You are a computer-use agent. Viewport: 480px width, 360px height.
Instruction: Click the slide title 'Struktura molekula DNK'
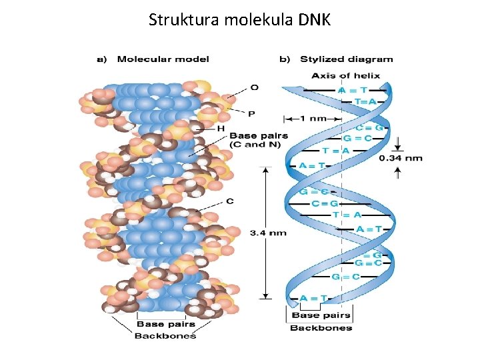(x=239, y=19)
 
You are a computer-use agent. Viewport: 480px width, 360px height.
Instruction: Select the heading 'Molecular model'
(x=163, y=59)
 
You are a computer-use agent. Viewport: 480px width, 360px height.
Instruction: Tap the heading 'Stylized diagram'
(x=346, y=59)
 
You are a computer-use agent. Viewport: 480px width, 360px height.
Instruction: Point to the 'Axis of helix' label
(x=345, y=75)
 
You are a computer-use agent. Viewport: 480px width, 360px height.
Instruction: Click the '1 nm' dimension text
(x=313, y=119)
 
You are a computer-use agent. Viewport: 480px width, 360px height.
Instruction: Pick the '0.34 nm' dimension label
(x=400, y=158)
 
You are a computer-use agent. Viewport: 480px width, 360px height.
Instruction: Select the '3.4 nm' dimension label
(x=268, y=233)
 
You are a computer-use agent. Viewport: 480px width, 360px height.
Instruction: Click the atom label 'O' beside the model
(x=254, y=87)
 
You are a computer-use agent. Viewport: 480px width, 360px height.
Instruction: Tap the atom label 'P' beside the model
(x=251, y=114)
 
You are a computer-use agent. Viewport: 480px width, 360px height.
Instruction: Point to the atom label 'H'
(x=221, y=127)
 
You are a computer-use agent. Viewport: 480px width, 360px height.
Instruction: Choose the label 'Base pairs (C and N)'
(x=259, y=140)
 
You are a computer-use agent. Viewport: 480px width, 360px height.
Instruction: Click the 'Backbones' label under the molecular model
(x=165, y=335)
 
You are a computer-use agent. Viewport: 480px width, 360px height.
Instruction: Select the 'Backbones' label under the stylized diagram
(x=321, y=327)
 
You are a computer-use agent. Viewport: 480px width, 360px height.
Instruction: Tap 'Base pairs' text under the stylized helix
(x=321, y=315)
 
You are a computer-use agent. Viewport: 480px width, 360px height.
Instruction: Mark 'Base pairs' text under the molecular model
(x=165, y=325)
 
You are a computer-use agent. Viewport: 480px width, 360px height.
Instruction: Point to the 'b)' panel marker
(x=285, y=59)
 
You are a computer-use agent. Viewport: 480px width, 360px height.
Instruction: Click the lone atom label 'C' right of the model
(x=230, y=201)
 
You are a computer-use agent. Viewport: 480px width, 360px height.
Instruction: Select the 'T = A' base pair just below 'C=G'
(x=346, y=215)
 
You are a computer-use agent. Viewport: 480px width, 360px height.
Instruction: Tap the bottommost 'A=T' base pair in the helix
(x=313, y=298)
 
